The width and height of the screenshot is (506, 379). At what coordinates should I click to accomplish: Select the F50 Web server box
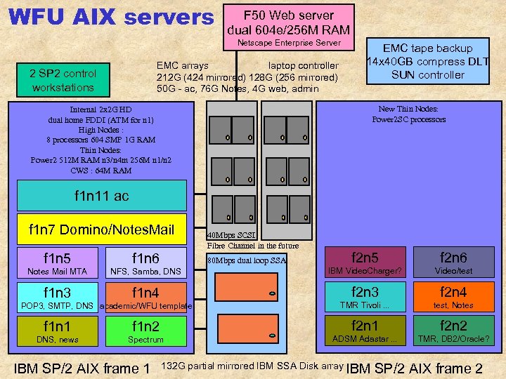(288, 22)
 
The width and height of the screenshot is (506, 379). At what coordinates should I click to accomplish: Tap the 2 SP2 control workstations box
(63, 80)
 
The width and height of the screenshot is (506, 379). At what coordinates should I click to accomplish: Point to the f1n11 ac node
(102, 196)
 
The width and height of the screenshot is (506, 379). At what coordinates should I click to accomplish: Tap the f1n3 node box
(58, 296)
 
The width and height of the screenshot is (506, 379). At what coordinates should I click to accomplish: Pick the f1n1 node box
(58, 331)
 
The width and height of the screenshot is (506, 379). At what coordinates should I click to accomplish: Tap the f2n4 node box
(453, 296)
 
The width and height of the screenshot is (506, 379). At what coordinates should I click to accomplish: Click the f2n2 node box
(453, 331)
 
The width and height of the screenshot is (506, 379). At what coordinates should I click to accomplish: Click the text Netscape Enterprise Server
(288, 44)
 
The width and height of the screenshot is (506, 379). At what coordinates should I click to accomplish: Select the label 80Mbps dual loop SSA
(247, 260)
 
